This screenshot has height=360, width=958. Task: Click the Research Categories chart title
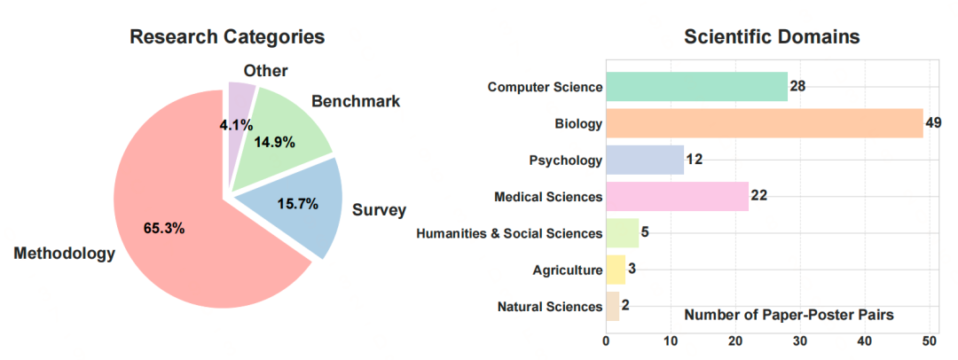coord(227,37)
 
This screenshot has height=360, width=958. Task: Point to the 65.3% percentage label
coord(164,228)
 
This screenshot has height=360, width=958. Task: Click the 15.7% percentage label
coord(297,205)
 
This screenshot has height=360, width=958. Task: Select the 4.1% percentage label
coord(236,126)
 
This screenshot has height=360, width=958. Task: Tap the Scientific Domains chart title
coord(772,37)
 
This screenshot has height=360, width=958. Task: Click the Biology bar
coord(764,123)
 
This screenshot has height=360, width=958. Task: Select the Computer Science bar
coord(696,86)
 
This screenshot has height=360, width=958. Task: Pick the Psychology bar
coord(645,160)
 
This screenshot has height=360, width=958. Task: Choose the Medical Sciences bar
coord(677,196)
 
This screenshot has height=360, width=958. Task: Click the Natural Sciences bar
coord(612,306)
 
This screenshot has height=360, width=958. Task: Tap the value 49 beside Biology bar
coord(933,123)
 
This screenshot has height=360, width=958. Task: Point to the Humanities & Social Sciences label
coord(509,233)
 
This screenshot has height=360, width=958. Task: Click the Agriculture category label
coord(568,270)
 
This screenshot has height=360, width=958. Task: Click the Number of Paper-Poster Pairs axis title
coord(789,315)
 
